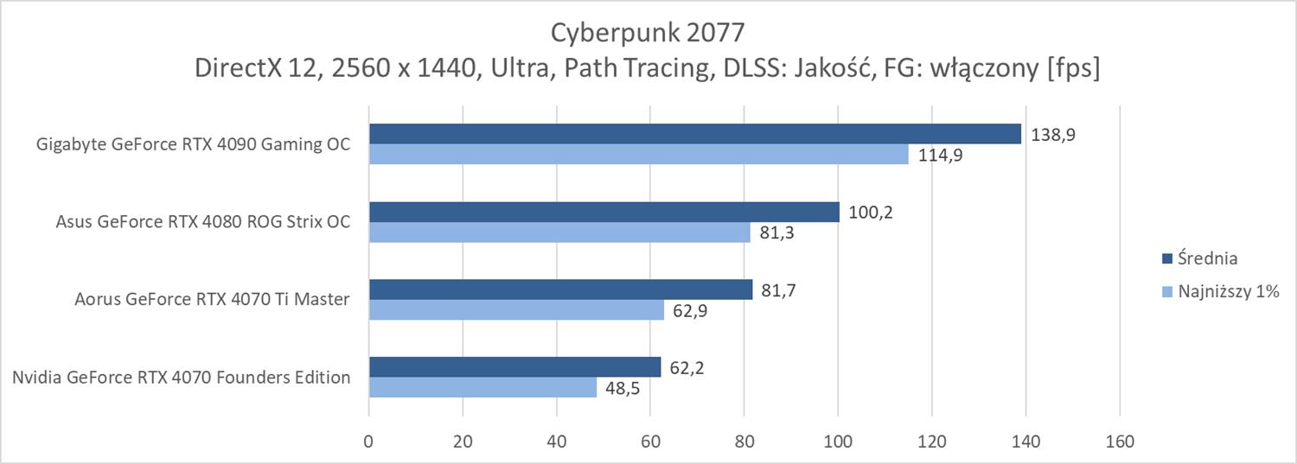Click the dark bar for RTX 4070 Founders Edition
(514, 367)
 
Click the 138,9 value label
(1051, 135)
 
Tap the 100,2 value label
(869, 213)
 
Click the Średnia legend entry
(1209, 258)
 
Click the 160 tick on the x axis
(1120, 442)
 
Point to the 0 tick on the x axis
(369, 442)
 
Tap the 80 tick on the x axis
(744, 442)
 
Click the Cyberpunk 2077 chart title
(648, 33)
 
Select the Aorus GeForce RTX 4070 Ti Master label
(212, 300)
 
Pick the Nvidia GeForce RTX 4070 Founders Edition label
(182, 378)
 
